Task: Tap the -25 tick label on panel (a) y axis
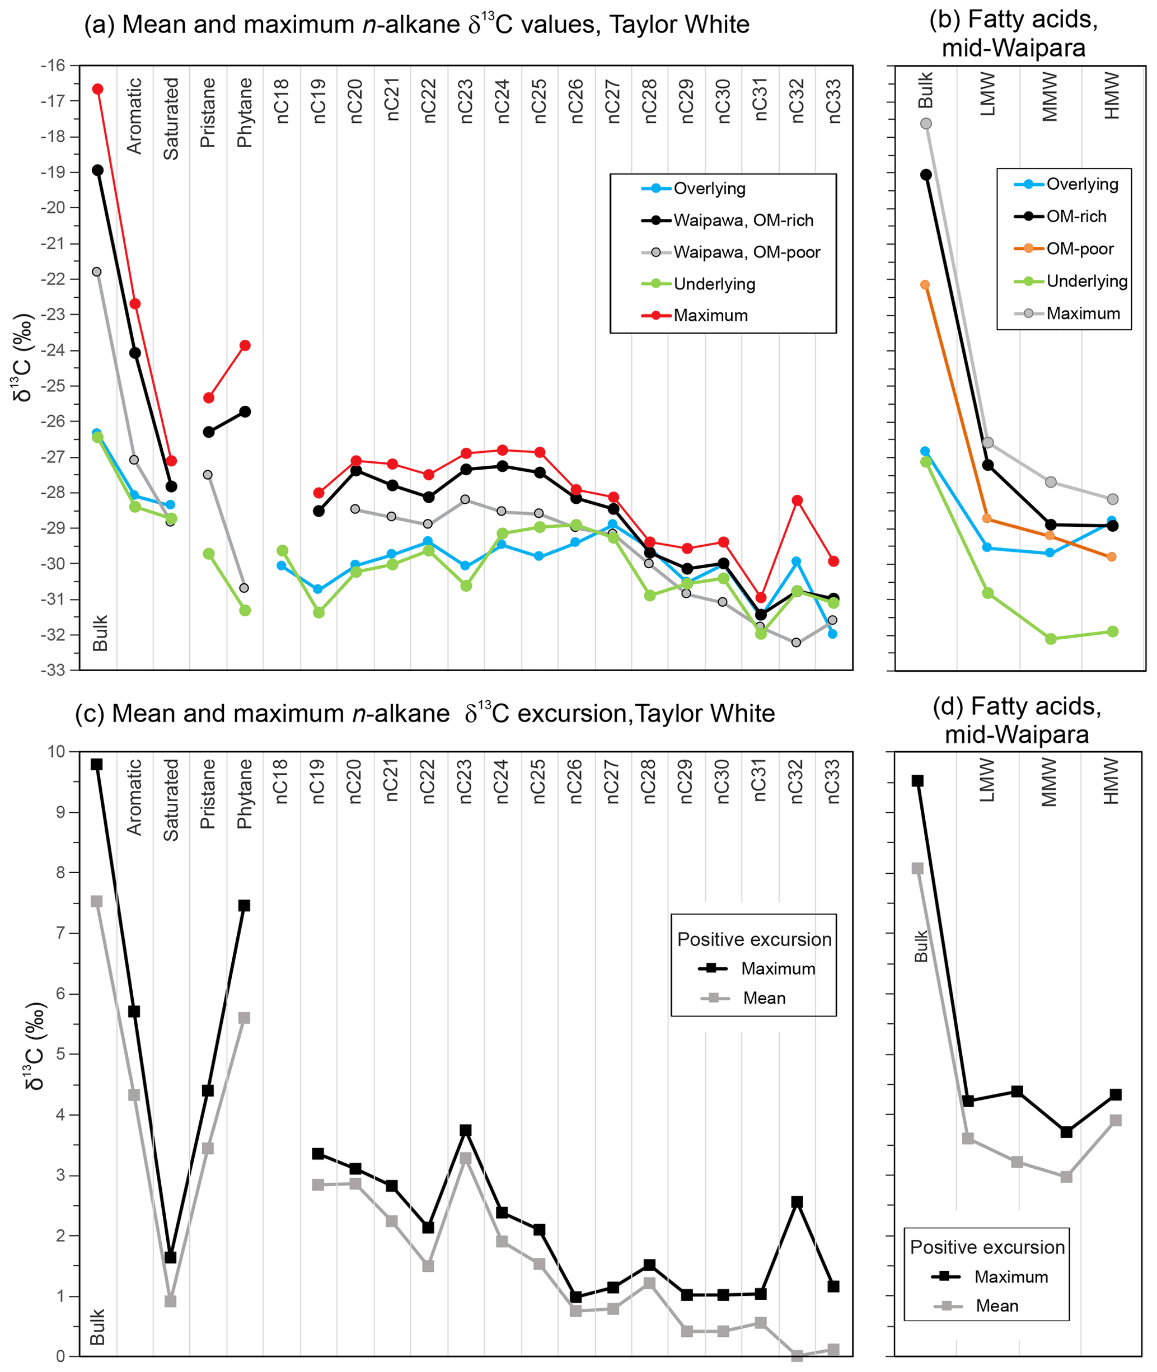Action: click(53, 386)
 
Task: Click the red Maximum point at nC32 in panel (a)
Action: click(798, 500)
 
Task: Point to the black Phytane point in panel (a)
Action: click(245, 412)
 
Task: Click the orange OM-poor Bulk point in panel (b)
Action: click(925, 284)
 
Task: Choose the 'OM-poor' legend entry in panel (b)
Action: click(1079, 249)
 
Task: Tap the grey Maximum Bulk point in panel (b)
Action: click(926, 123)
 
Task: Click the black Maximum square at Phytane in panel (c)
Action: click(244, 906)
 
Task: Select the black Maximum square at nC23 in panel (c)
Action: click(466, 1130)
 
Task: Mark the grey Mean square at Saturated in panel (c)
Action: click(171, 1301)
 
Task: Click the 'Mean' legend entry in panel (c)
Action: click(763, 998)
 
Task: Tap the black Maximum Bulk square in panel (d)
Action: click(917, 781)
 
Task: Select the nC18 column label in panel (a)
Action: click(282, 101)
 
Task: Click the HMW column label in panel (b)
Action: click(1112, 96)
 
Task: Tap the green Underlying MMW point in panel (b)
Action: click(1051, 639)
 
